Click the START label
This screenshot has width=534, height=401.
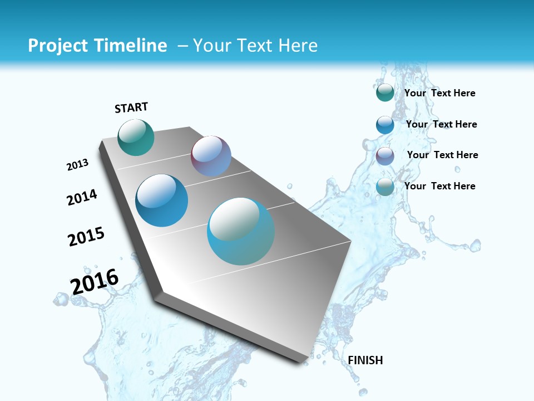[x=131, y=107]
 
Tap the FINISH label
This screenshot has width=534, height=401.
[x=365, y=360]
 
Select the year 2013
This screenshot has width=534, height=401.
[x=78, y=165]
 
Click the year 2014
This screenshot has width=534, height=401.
[x=82, y=197]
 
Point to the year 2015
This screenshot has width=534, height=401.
[x=86, y=237]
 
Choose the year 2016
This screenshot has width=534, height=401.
[x=95, y=282]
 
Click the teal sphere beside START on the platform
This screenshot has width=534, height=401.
[x=136, y=137]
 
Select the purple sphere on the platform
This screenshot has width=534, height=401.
[x=211, y=156]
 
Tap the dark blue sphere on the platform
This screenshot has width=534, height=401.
[x=162, y=200]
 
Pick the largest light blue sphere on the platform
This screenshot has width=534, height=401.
[x=241, y=231]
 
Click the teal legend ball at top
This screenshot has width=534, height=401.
[x=385, y=92]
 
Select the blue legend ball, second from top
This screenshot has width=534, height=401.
[x=385, y=125]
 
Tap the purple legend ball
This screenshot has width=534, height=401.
[x=385, y=156]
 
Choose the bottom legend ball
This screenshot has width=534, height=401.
[x=385, y=187]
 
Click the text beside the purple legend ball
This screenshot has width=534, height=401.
[x=442, y=155]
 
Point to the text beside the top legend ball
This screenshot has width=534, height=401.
[x=439, y=93]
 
